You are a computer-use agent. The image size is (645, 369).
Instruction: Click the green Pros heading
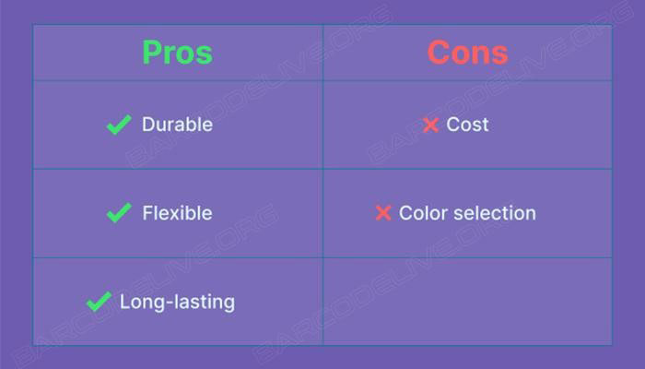coord(177,53)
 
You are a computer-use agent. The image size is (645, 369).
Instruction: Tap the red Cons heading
coord(468,53)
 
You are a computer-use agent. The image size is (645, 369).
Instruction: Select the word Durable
coord(177,125)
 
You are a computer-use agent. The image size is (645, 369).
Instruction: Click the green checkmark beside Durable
coord(119,125)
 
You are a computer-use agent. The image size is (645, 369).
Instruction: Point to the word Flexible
coord(177,213)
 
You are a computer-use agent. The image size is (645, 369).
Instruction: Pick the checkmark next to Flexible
coord(119,212)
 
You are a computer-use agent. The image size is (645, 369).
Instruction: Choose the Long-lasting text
coord(177,302)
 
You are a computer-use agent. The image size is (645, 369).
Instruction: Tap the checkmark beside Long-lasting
coord(99,302)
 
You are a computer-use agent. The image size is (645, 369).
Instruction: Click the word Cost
coord(467,125)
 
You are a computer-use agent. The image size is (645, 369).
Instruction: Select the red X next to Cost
coord(430,125)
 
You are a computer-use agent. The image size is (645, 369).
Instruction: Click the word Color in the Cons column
coord(423,213)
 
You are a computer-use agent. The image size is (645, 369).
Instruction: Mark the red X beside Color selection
coord(383,213)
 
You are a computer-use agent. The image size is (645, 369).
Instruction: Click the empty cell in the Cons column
coord(468,302)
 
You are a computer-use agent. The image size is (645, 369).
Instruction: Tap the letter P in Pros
coord(152,53)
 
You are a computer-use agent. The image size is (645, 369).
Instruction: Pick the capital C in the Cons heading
coord(439,53)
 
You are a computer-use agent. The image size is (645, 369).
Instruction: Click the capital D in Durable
coord(149,125)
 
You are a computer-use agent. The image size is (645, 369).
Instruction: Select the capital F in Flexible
coord(147,213)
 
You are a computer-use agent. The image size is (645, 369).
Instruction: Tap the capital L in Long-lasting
coord(125,302)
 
